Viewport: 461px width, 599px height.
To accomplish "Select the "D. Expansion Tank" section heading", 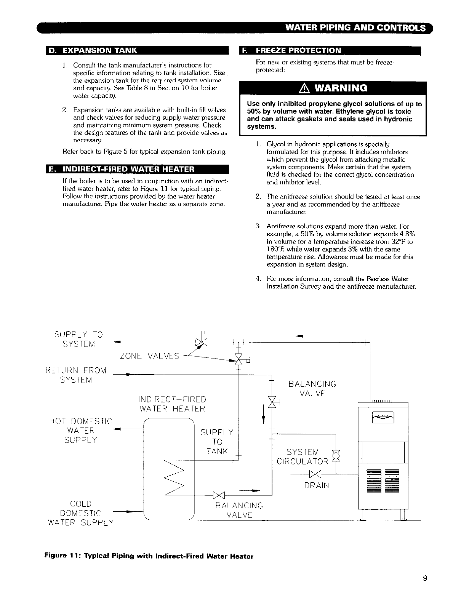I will (x=97, y=51).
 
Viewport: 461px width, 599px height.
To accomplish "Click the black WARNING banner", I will (x=331, y=89).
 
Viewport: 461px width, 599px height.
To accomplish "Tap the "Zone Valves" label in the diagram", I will (x=149, y=356).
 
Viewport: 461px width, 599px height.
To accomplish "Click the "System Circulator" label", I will (x=302, y=457).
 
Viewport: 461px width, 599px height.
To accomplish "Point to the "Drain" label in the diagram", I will (x=317, y=485).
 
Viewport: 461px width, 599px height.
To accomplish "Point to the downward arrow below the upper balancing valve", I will (x=264, y=415).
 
